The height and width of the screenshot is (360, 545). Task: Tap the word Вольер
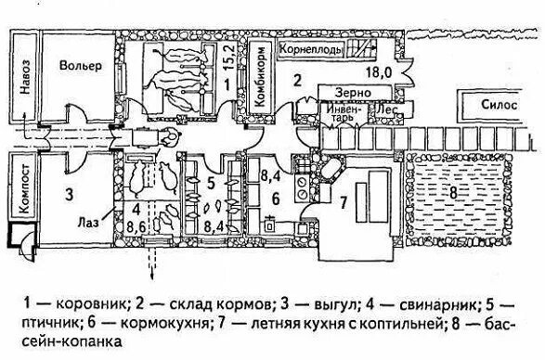click(76, 67)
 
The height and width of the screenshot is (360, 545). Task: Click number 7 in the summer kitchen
click(343, 202)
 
